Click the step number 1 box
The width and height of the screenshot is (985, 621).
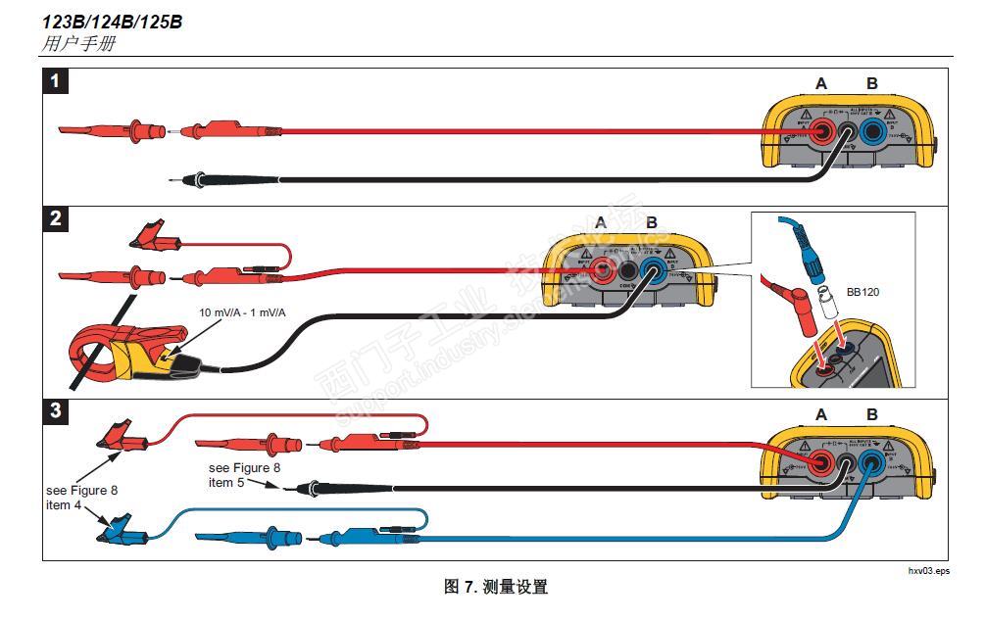click(56, 81)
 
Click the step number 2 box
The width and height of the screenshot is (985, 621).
click(56, 219)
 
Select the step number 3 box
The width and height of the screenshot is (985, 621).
click(56, 411)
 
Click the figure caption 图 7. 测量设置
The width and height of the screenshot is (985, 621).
click(496, 588)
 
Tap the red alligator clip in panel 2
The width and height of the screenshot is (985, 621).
click(152, 236)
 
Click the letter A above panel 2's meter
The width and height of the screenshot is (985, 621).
click(601, 223)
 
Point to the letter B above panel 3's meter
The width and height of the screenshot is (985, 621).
click(871, 414)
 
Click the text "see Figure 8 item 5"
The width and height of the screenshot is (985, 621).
click(244, 475)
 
